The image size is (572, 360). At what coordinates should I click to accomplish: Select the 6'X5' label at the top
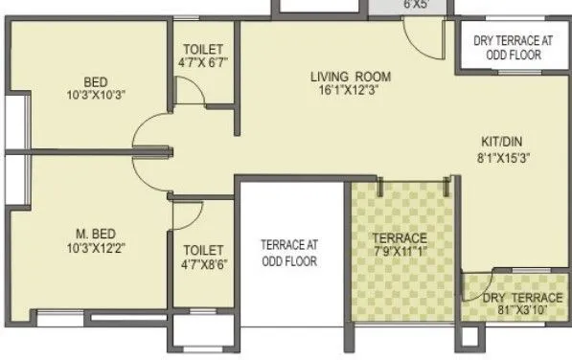[x=388, y=5]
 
